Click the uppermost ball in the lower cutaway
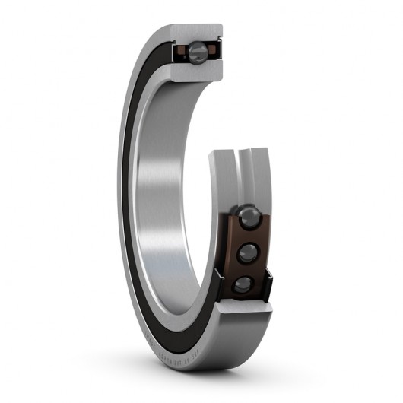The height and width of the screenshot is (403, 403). (249, 217)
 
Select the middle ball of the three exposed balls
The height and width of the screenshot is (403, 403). (247, 252)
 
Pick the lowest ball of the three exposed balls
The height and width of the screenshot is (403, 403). (243, 284)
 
